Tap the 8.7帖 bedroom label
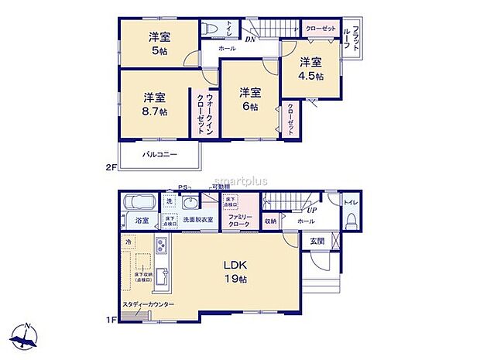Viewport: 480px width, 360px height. (153, 104)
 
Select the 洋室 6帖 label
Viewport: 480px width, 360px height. (249, 98)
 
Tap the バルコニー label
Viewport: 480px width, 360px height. (160, 155)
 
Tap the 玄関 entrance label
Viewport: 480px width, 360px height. (318, 241)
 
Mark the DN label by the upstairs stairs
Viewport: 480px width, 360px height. (249, 38)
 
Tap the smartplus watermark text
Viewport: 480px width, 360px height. (238, 181)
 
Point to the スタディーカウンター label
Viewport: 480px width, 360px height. (147, 305)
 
